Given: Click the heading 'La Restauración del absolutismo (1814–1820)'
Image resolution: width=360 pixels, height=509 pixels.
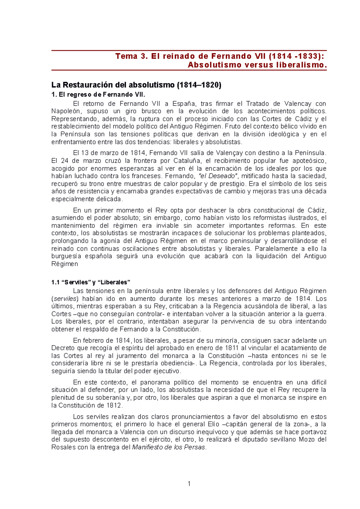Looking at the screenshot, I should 136,85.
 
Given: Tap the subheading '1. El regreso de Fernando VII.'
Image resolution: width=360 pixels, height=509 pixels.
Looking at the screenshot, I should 98,95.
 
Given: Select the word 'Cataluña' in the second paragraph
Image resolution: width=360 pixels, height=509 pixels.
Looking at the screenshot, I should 187,161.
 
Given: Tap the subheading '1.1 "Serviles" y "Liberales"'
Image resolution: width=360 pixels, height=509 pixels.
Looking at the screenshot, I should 91,282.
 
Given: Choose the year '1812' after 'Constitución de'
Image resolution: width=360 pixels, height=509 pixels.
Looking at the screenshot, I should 114,406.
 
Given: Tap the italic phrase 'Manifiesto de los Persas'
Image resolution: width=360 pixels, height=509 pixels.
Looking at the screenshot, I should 169,448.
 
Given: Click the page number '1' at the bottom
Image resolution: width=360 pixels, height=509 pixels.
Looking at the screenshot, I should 189,484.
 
